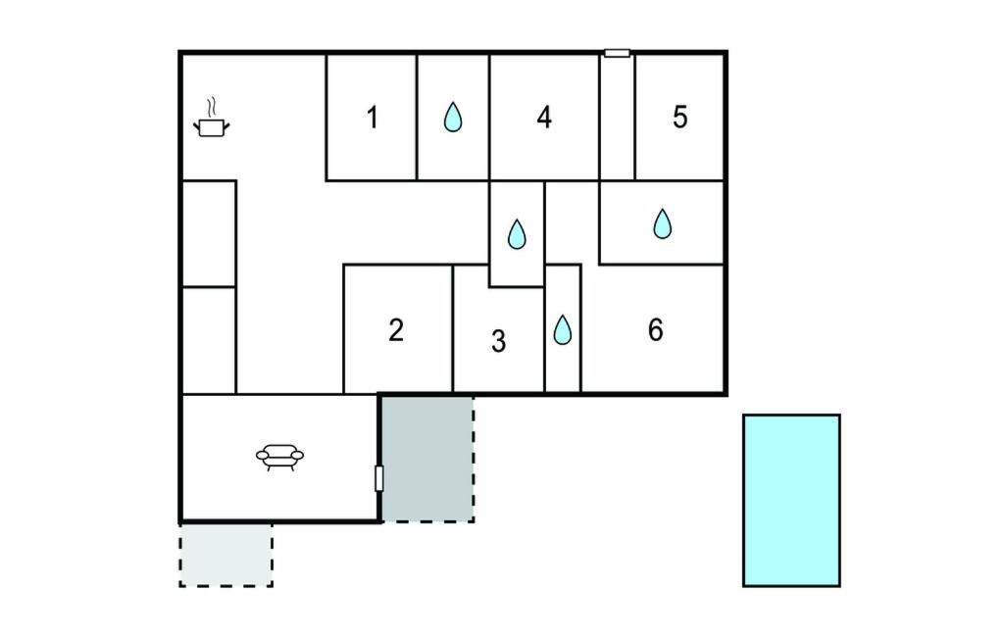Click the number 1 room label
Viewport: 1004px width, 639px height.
click(372, 118)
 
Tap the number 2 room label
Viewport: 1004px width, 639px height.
click(395, 330)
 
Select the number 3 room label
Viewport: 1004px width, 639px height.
click(498, 342)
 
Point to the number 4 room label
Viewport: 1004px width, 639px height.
click(544, 118)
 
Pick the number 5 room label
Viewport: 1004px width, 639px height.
click(680, 118)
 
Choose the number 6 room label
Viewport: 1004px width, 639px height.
click(655, 330)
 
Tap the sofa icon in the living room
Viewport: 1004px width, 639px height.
click(279, 456)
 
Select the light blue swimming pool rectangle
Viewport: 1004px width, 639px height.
click(791, 500)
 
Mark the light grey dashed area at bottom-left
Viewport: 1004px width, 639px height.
click(226, 555)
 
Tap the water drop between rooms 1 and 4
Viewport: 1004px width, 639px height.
click(452, 118)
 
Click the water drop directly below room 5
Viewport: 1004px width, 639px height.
click(663, 223)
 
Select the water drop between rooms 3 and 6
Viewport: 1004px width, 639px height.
click(562, 329)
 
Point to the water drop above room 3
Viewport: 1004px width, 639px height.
click(517, 233)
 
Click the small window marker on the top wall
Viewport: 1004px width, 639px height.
click(617, 53)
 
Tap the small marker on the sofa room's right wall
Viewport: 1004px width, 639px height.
click(379, 478)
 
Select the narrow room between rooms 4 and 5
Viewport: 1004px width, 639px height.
click(617, 118)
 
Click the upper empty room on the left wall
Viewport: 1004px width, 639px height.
click(209, 233)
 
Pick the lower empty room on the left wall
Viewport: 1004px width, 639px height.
click(209, 340)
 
